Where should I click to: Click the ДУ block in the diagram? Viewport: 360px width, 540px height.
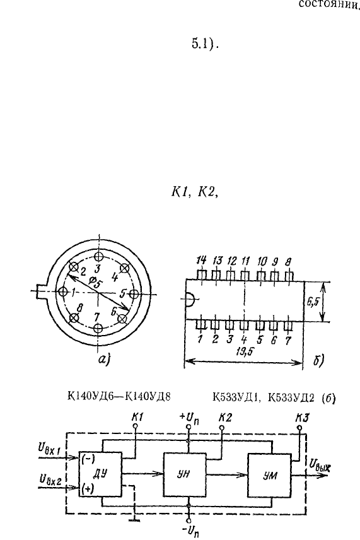pos(100,474)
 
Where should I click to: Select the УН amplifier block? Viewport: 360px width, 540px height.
pos(185,474)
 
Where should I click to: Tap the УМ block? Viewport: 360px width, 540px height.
pos(269,475)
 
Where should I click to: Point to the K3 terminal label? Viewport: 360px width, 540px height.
pos(301,418)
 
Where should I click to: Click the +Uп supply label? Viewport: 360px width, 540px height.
pos(189,419)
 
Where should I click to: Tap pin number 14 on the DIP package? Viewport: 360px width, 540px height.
pos(201,261)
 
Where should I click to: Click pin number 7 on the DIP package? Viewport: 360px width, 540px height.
pos(287,341)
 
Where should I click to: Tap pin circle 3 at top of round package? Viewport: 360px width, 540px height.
pos(99,256)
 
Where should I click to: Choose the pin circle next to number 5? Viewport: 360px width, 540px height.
pos(134,294)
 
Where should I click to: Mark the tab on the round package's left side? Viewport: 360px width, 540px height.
pos(42,292)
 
